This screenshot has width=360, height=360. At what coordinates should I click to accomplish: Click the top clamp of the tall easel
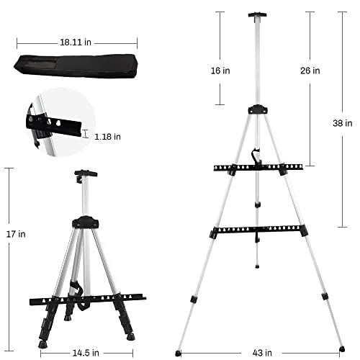pos(256,14)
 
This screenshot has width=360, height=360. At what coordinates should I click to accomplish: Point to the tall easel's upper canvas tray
pos(258,168)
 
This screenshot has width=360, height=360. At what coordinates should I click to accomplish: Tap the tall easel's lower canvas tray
pos(258,230)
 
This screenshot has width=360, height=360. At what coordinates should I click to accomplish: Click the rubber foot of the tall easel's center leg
pos(258,264)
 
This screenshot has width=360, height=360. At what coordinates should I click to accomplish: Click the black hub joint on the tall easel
pos(257,111)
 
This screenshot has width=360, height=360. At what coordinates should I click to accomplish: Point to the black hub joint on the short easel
pos(87,221)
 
